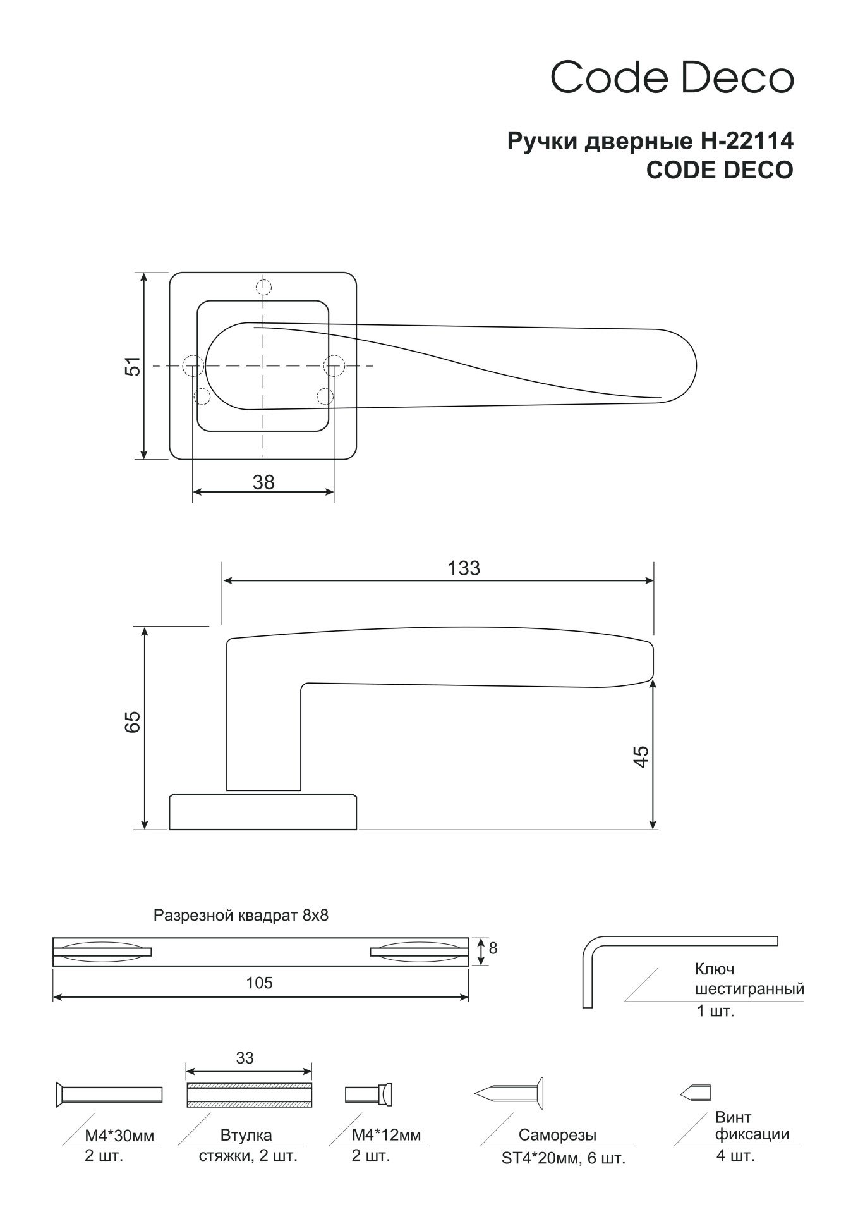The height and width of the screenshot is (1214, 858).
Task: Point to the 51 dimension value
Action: (134, 366)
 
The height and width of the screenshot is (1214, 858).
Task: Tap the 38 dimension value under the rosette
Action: (263, 482)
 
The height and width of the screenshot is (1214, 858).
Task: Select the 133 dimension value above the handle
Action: (464, 568)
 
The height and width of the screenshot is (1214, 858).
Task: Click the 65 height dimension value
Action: (133, 722)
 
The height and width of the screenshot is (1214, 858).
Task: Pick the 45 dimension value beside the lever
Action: (642, 757)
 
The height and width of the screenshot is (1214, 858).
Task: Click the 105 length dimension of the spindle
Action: (260, 983)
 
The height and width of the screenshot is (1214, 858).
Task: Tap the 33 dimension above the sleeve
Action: (245, 1058)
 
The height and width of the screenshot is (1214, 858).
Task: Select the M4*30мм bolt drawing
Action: (109, 1094)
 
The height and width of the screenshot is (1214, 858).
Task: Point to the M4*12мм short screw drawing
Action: (369, 1094)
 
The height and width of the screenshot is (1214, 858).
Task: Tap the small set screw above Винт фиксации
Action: (696, 1092)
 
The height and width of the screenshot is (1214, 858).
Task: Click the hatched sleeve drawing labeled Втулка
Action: (250, 1094)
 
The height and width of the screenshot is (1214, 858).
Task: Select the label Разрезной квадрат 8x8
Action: (241, 916)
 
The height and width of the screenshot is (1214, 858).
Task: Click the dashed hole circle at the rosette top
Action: (263, 288)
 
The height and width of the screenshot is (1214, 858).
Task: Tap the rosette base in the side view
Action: (263, 812)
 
